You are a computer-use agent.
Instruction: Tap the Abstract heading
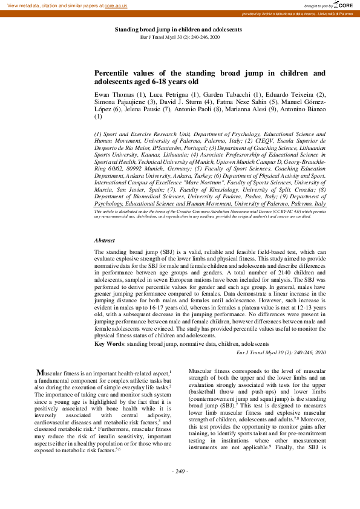coord(105,240)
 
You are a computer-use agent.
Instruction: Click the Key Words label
coord(108,343)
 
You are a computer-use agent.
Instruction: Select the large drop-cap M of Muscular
coord(40,372)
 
